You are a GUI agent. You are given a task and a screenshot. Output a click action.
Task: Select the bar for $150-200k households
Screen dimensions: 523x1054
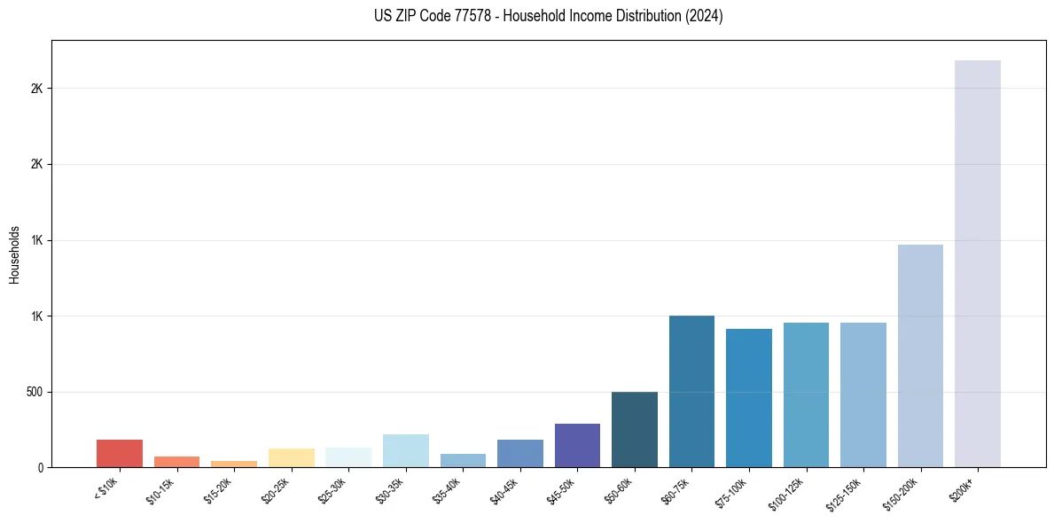tap(920, 355)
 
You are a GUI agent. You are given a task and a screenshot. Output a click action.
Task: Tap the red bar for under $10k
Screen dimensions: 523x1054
tap(120, 453)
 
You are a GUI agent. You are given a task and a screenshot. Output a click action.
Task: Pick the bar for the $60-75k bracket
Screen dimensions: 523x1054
tap(691, 391)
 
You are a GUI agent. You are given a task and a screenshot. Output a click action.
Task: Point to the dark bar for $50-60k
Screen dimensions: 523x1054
tap(635, 429)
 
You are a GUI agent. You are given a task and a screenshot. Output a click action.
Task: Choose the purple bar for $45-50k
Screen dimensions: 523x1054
tap(577, 445)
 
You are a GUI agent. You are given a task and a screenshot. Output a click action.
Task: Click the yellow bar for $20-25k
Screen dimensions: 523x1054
tap(292, 457)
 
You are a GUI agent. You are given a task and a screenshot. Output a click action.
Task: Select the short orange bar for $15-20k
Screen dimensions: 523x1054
tap(234, 464)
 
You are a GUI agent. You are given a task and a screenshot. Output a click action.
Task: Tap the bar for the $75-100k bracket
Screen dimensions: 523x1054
tap(749, 398)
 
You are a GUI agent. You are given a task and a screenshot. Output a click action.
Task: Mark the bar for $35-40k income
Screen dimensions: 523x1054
tap(463, 460)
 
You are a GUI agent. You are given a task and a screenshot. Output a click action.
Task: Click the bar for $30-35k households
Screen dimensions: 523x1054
tap(406, 450)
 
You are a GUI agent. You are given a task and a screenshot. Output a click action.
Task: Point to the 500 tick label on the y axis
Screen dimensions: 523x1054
tap(34, 392)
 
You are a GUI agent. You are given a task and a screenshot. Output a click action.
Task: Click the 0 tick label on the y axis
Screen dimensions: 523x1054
tap(41, 467)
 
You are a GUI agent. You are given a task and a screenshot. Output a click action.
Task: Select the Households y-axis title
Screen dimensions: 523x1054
tap(14, 254)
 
